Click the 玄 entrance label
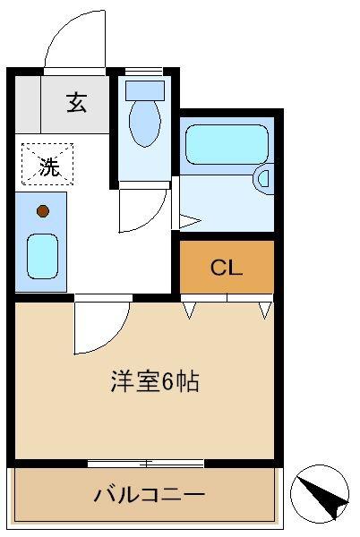coord(76,102)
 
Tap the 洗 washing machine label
coord(49,166)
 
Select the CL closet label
coord(227,268)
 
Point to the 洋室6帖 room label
coord(155,381)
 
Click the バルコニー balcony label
coord(150,495)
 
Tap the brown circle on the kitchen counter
coord(43,211)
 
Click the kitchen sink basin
coord(42,256)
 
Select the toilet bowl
coord(144,123)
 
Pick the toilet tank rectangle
coord(145,90)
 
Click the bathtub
coord(227,144)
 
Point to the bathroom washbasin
coord(264,179)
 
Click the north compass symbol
coord(320,494)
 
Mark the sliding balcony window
coord(146,464)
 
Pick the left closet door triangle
coord(189,311)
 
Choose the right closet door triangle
coord(265,311)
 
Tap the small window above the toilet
coord(143,72)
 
